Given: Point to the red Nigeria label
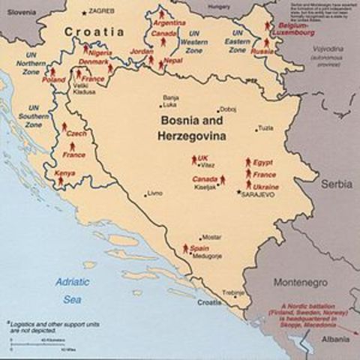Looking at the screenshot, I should [107, 54].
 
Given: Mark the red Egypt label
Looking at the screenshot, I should [263, 162].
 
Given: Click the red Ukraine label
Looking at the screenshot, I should [265, 186].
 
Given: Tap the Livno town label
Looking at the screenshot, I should [155, 193].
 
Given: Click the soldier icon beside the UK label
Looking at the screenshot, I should [193, 159].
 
